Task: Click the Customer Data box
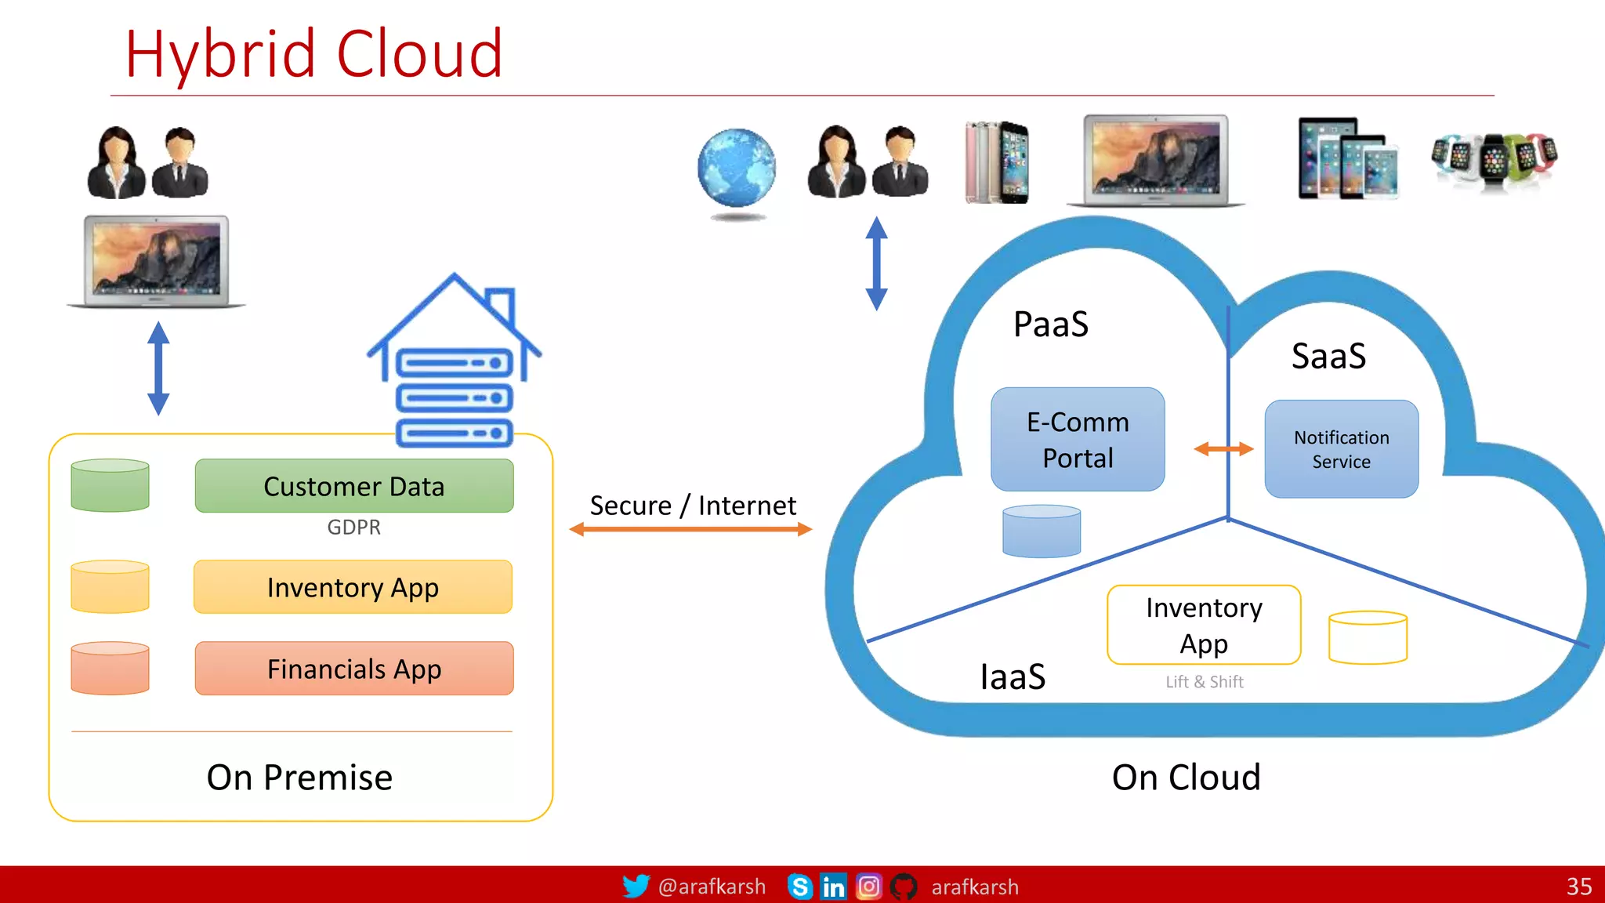[354, 486]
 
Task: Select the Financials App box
[354, 669]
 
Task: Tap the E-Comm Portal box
[1078, 440]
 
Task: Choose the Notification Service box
[1341, 449]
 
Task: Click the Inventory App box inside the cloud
[1204, 625]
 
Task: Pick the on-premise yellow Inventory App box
[353, 587]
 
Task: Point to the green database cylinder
[110, 485]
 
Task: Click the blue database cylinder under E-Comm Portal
[1042, 531]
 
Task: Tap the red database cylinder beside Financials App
[110, 668]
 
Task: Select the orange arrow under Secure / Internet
[690, 530]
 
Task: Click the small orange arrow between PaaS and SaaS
[1223, 449]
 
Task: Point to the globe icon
[736, 169]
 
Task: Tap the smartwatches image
[1494, 159]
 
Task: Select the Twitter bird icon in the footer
[636, 886]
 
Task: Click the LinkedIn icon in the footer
[833, 887]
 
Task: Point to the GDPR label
[353, 528]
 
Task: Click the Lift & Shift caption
[1204, 682]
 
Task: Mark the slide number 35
[1578, 887]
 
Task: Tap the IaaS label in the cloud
[1013, 677]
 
